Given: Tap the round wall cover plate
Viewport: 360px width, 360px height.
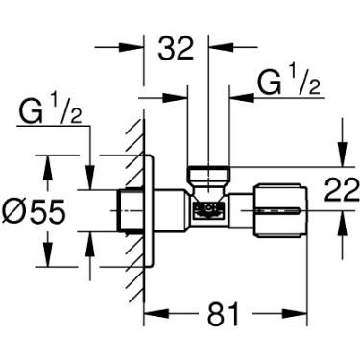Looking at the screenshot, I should pos(147,211).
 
